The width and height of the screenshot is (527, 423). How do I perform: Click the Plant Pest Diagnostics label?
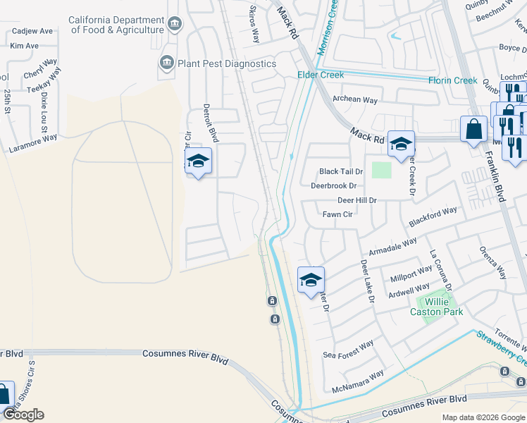pyautogui.click(x=227, y=63)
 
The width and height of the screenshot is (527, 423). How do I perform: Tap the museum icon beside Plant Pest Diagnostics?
pyautogui.click(x=167, y=63)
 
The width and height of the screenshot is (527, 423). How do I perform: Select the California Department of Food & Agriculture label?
pyautogui.click(x=116, y=25)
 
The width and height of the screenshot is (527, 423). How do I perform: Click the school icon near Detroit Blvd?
pyautogui.click(x=198, y=161)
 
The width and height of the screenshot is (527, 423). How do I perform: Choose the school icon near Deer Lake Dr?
pyautogui.click(x=311, y=280)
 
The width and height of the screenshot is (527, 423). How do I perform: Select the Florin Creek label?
pyautogui.click(x=453, y=80)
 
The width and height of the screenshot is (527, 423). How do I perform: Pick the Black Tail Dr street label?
pyautogui.click(x=341, y=171)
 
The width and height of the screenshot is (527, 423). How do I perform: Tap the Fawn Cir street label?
pyautogui.click(x=337, y=214)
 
